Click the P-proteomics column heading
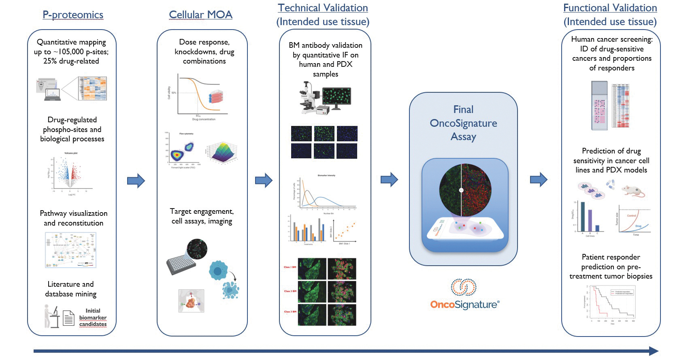click(73, 15)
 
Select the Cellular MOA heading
click(200, 15)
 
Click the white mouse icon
click(633, 191)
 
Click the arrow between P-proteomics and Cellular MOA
click(136, 181)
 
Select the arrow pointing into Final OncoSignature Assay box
click(389, 179)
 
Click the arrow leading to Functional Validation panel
click(539, 179)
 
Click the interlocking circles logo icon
click(464, 287)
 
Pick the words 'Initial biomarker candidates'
click(93, 317)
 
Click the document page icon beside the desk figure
click(69, 318)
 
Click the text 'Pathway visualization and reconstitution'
click(73, 218)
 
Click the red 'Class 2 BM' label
click(290, 291)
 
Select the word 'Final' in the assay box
click(463, 110)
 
